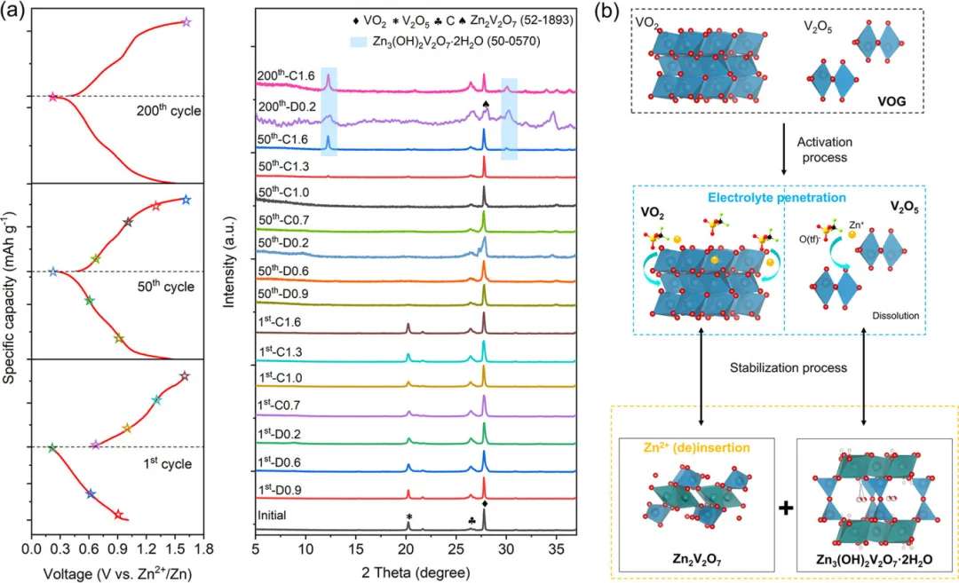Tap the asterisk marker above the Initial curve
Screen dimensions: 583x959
click(x=408, y=516)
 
